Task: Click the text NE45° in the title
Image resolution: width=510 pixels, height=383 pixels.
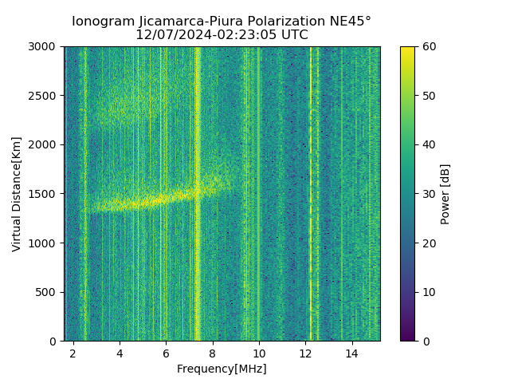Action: (351, 22)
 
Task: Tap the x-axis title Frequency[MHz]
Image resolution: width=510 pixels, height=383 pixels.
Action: (222, 369)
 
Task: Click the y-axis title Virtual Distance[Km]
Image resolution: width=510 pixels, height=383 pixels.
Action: (17, 194)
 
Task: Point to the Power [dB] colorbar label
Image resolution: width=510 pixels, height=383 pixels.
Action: (445, 194)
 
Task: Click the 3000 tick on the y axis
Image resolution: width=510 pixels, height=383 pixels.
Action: (45, 47)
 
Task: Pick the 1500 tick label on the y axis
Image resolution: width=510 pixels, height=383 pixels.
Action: (45, 194)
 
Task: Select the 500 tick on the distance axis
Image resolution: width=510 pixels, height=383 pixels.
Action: (49, 292)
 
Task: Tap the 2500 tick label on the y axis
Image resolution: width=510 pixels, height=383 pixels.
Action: (45, 96)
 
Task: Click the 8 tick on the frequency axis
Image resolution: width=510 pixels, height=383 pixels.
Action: (212, 353)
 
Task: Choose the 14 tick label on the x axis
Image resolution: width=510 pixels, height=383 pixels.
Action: (351, 353)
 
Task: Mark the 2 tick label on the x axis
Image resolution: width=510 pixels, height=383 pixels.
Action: (73, 353)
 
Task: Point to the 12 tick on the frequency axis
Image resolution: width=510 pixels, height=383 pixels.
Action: (305, 353)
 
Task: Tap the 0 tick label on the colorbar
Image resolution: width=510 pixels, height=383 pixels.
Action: (423, 341)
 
